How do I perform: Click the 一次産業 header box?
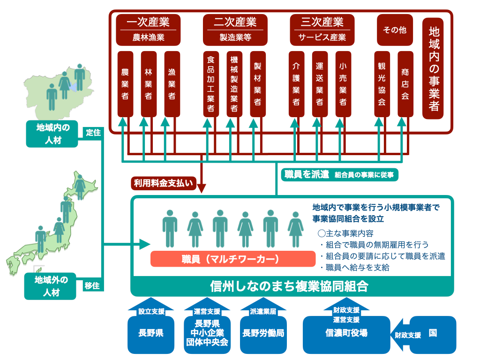pyautogui.click(x=148, y=30)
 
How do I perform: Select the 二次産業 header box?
pyautogui.click(x=235, y=30)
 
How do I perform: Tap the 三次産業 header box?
pyautogui.click(x=322, y=30)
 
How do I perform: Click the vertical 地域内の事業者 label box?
pyautogui.click(x=434, y=68)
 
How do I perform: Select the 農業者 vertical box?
pyautogui.click(x=125, y=84)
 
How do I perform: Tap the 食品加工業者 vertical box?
pyautogui.click(x=211, y=84)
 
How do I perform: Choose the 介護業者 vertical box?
pyautogui.click(x=296, y=84)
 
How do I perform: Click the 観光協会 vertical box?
pyautogui.click(x=382, y=84)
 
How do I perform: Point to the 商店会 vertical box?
pyautogui.click(x=405, y=84)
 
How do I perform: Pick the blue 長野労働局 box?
pyautogui.click(x=263, y=334)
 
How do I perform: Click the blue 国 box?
pyautogui.click(x=433, y=333)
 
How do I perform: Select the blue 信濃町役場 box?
pyautogui.click(x=346, y=334)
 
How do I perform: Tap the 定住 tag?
pyautogui.click(x=93, y=133)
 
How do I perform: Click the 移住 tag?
pyautogui.click(x=92, y=285)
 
